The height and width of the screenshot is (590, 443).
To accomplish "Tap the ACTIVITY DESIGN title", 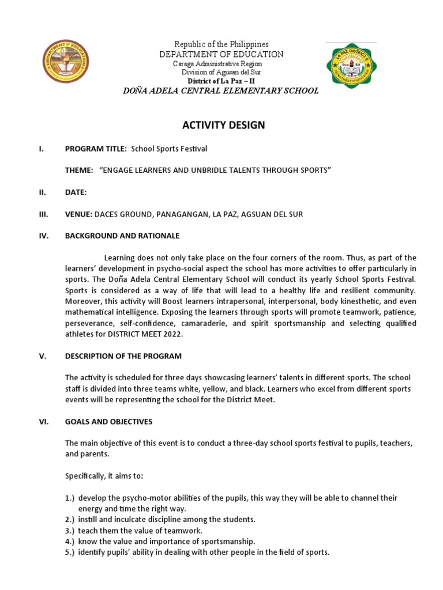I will pyautogui.click(x=224, y=126).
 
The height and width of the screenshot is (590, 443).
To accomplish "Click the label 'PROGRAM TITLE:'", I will pyautogui.click(x=96, y=149).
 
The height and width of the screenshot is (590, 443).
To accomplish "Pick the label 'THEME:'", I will pyautogui.click(x=79, y=171).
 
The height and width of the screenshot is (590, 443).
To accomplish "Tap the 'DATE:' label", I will pyautogui.click(x=76, y=192).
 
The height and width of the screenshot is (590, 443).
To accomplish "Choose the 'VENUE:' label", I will pyautogui.click(x=78, y=214).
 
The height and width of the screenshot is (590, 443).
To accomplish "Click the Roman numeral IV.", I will pyautogui.click(x=42, y=236).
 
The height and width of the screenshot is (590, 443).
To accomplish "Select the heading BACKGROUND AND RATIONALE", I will pyautogui.click(x=122, y=236).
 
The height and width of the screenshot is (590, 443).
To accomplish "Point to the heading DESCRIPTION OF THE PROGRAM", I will pyautogui.click(x=123, y=356).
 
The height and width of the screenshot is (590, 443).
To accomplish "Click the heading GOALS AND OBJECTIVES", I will pyautogui.click(x=108, y=422).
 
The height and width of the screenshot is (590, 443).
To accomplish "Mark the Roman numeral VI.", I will pyautogui.click(x=43, y=422).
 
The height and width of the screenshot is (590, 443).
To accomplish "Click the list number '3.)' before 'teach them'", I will pyautogui.click(x=70, y=530).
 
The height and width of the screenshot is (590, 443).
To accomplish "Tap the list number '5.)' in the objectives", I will pyautogui.click(x=70, y=552).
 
